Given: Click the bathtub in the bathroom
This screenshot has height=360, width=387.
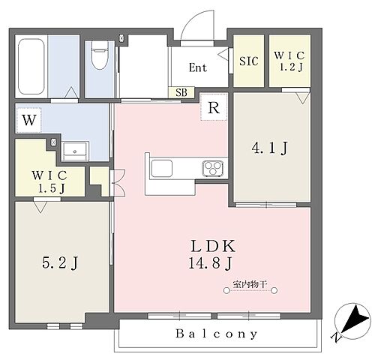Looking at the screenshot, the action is [31, 66].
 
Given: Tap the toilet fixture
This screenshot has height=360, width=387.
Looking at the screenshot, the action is [100, 55].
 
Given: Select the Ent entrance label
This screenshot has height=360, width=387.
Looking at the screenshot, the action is [198, 67].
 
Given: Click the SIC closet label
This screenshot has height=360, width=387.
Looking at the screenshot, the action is [248, 61].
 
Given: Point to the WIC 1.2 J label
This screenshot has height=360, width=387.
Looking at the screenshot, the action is [289, 61].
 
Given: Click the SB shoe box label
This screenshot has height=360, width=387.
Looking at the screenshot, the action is [181, 92].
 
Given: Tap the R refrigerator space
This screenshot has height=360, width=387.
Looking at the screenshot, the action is [214, 107].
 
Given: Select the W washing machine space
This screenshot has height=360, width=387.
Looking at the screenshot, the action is [28, 120].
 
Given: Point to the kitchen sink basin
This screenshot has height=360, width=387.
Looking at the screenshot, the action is [162, 168].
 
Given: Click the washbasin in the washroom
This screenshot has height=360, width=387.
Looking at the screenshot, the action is [75, 151].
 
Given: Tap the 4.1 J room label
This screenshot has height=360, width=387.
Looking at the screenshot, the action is [270, 148].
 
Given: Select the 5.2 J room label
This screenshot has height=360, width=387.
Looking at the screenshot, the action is [60, 262].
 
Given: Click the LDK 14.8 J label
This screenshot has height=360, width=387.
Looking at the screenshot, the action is [211, 254].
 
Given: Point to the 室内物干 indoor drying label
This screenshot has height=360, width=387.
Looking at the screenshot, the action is [250, 284].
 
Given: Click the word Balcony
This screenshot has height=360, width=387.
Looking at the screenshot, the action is [217, 334].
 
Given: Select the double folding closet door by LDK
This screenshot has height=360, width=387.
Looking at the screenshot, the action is [118, 183].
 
